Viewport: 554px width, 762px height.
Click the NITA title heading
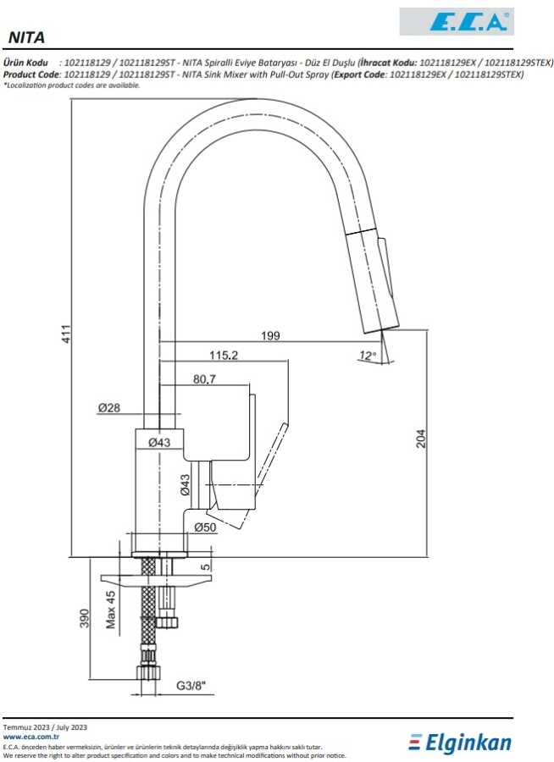coord(26,38)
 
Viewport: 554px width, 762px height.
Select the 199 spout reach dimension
coord(270,336)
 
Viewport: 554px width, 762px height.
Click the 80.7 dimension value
coord(205,379)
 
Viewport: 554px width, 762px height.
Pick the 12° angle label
coord(366,356)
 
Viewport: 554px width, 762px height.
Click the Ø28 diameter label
coord(109,408)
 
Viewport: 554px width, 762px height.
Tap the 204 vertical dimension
coord(421,438)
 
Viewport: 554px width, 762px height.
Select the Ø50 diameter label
coord(205,527)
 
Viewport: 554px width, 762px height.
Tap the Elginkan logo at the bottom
coord(460,743)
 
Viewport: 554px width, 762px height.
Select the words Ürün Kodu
coord(25,63)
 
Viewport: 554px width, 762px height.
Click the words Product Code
coord(32,75)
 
